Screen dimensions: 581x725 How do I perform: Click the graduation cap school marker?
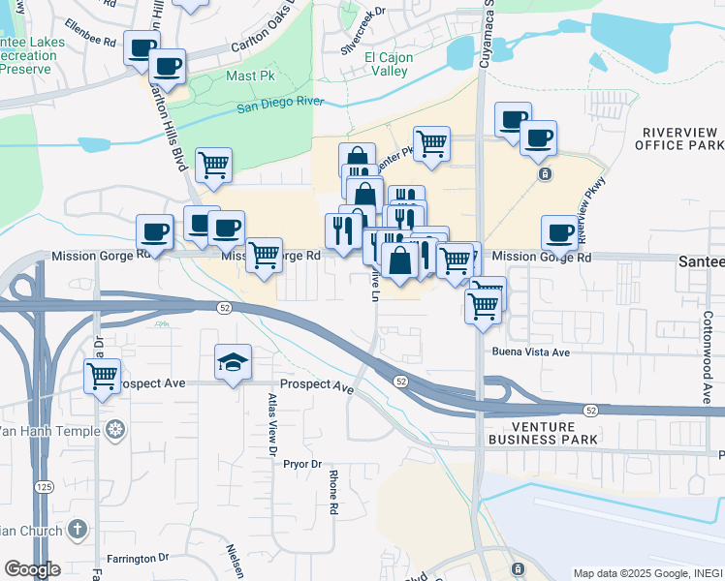coord(233,363)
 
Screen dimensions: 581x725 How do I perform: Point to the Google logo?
coord(32,569)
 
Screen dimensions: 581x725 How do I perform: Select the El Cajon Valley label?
coord(389,65)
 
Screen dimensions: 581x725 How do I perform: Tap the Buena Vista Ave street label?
coord(530,352)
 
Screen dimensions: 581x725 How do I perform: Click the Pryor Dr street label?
coord(301,465)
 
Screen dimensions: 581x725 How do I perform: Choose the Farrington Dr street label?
coord(138,558)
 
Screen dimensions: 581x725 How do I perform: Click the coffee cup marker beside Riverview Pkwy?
coord(559,232)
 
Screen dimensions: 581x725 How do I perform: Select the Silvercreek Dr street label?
coord(363,30)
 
